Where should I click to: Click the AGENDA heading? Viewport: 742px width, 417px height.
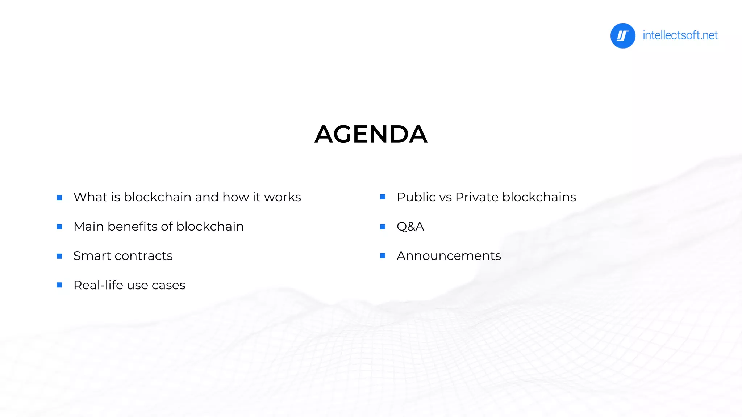tap(371, 134)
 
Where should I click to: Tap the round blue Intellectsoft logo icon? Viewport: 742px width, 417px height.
tap(622, 35)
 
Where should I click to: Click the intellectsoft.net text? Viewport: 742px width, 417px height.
tap(680, 35)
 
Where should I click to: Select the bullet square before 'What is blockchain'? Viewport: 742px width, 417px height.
tap(59, 198)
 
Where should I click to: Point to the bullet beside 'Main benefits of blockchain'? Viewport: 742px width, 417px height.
tap(59, 227)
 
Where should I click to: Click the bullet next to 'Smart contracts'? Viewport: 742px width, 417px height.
tap(59, 256)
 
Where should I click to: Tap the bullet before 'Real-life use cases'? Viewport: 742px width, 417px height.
tap(59, 285)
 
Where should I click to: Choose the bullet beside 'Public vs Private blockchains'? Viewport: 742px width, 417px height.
tap(383, 197)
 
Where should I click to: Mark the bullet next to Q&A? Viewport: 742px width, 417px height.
tap(383, 227)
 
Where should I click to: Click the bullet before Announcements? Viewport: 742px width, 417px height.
tap(383, 256)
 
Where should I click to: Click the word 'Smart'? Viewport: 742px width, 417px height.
tap(92, 256)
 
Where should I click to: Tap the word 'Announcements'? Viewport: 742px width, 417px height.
tap(449, 256)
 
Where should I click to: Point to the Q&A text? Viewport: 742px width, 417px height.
tap(410, 227)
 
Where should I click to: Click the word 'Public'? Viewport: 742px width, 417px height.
tap(416, 197)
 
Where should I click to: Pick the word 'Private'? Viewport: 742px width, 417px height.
tap(477, 197)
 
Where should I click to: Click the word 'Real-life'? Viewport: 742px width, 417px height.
tap(98, 285)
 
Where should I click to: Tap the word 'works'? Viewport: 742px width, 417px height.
tap(282, 197)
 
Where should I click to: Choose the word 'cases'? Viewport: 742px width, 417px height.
tap(168, 286)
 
